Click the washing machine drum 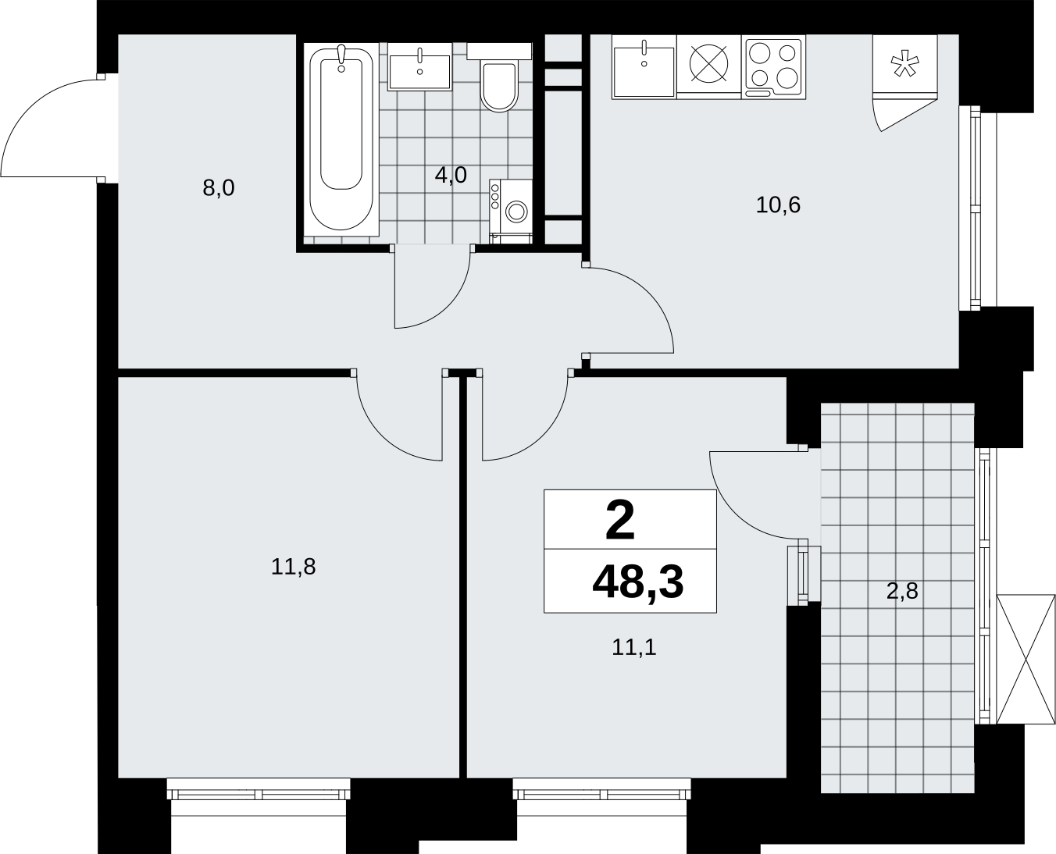coord(517,211)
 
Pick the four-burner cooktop coord(773,67)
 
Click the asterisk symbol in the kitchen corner coord(904,64)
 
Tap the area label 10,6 coord(778,205)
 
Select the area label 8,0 coord(218,188)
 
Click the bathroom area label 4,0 coord(451,175)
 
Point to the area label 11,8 coord(293,567)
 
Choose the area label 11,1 coord(634,647)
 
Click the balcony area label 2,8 coord(902,591)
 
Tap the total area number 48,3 coord(638,582)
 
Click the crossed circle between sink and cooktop coord(709,64)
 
